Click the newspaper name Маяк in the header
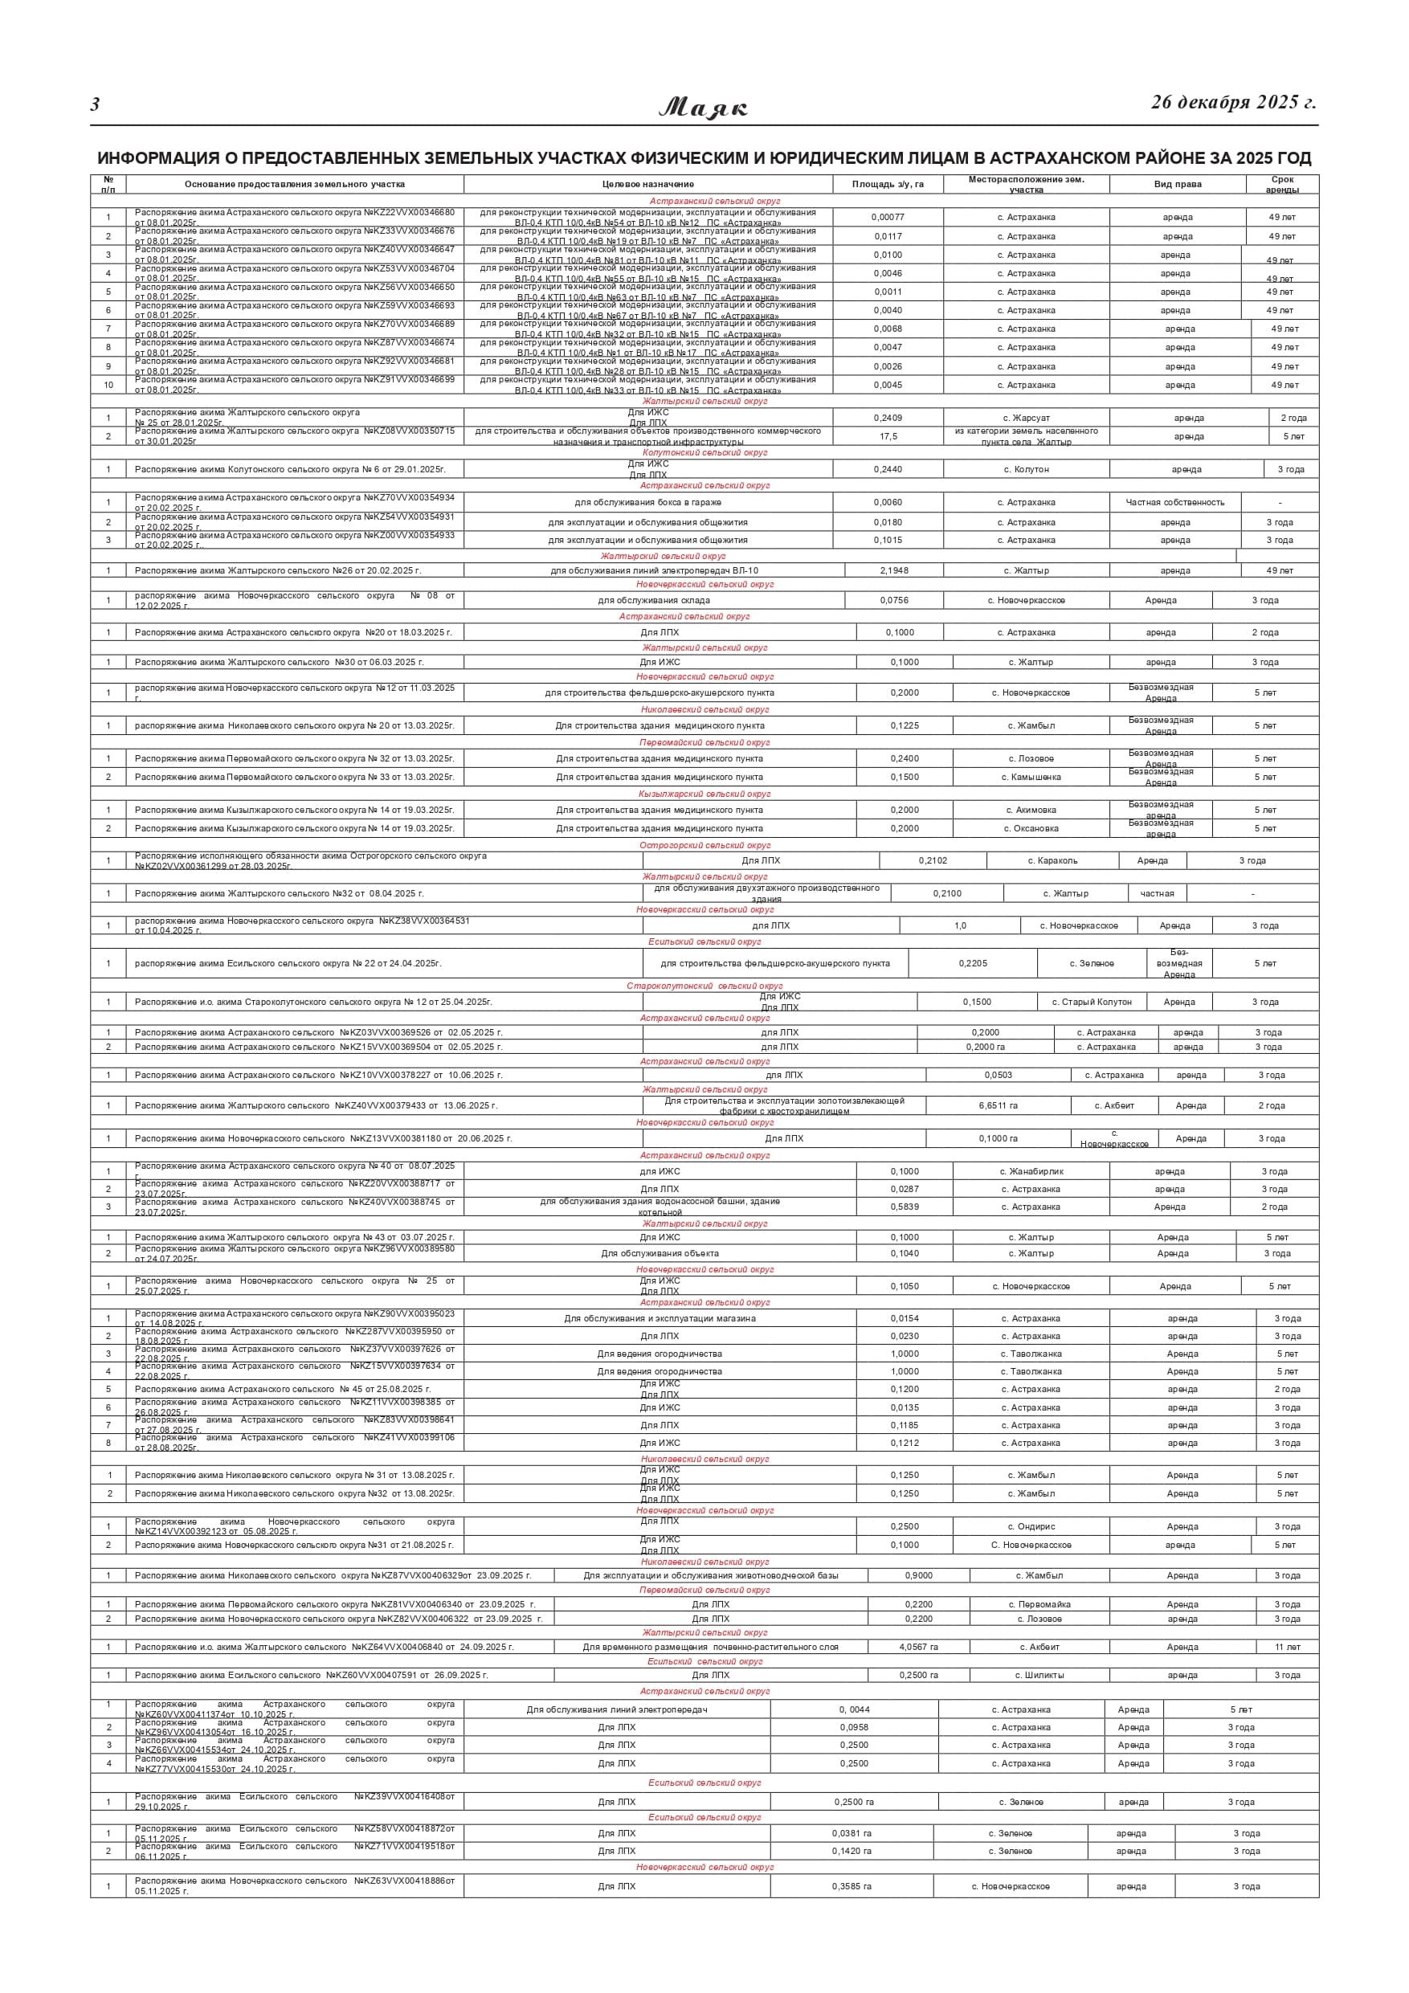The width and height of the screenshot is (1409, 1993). (x=703, y=108)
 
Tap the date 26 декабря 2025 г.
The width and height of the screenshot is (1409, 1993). (x=1233, y=103)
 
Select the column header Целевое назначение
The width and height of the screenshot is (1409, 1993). (x=647, y=184)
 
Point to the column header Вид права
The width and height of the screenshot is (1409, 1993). (x=1177, y=184)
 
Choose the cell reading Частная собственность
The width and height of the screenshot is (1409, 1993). (x=1174, y=503)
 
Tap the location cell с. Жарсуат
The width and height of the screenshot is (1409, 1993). (x=1026, y=419)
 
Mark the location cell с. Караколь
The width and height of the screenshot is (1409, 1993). (x=1052, y=861)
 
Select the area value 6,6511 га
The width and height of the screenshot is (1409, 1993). (x=998, y=1106)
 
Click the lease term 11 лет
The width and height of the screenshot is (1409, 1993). (x=1287, y=1647)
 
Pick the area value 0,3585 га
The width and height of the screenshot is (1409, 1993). (x=851, y=1886)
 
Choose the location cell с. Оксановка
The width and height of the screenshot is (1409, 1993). (x=1031, y=829)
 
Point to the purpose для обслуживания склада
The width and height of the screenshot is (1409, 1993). (x=653, y=601)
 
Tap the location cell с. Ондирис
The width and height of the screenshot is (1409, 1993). (x=1031, y=1527)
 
